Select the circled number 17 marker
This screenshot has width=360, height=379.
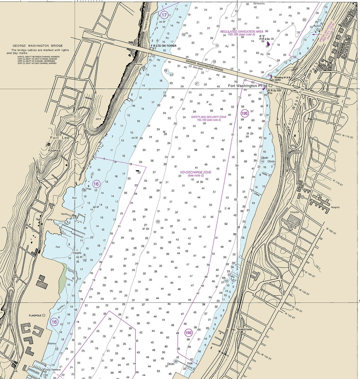164,15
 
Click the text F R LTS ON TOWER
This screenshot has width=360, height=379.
163,45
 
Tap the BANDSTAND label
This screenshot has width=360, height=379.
245,329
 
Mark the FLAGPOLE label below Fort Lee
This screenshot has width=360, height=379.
54,151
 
